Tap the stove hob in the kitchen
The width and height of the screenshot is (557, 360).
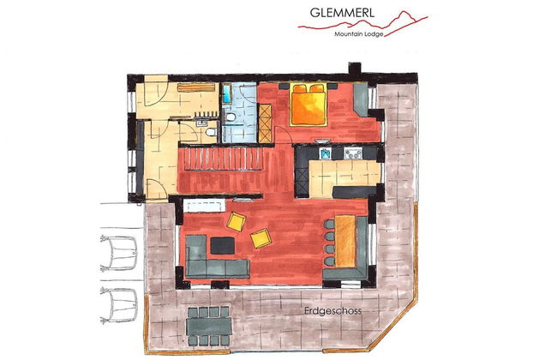[351, 153]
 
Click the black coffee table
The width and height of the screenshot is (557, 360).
[221, 246]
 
